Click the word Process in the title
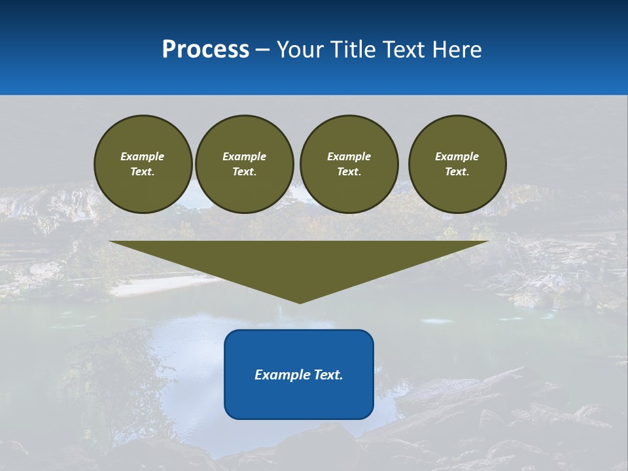[x=205, y=50]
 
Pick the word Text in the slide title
[x=405, y=50]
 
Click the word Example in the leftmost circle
[x=143, y=156]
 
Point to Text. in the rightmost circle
[x=457, y=171]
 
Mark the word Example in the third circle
[x=349, y=156]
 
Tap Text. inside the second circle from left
[x=244, y=171]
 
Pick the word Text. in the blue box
[x=329, y=375]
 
